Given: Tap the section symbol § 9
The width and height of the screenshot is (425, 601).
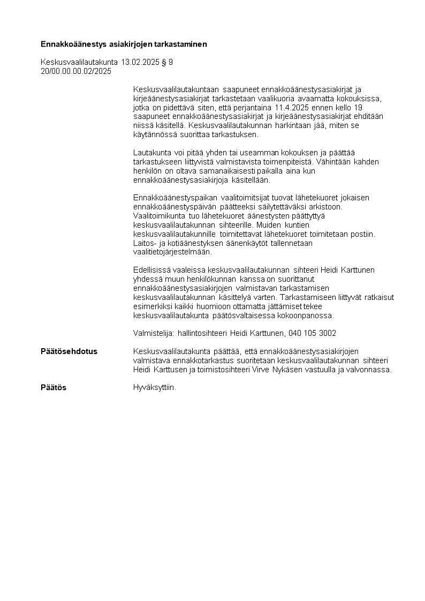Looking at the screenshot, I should click(x=168, y=62).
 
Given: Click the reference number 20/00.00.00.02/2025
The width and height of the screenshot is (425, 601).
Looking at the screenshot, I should click(x=76, y=71).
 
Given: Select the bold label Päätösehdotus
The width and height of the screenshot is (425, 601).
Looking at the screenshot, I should click(x=69, y=351).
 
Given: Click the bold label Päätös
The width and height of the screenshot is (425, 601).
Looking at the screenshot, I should click(x=54, y=387).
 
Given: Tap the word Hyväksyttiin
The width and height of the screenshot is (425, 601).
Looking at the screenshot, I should click(x=154, y=387).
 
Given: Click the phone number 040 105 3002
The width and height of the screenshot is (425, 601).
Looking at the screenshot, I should click(x=312, y=333).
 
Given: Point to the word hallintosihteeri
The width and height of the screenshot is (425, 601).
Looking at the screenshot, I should click(x=202, y=333).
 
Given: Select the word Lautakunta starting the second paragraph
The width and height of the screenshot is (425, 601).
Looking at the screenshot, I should click(x=150, y=153).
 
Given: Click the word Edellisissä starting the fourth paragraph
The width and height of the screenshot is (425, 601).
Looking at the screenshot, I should click(x=150, y=270).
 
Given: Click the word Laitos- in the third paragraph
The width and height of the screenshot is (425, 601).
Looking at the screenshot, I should click(x=144, y=243).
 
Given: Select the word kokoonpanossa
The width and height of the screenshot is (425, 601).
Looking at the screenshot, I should click(x=309, y=315).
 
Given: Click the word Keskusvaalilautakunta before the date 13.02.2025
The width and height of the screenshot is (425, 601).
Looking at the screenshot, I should click(x=80, y=62).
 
